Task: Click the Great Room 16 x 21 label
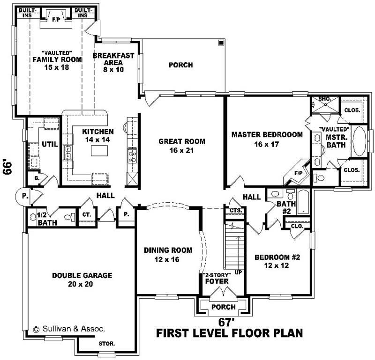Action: [182, 146]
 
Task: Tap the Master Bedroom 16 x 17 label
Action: [267, 139]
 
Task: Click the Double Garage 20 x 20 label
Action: [82, 279]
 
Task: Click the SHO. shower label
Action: [324, 99]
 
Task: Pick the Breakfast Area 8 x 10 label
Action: [113, 59]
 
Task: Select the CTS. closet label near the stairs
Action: [236, 211]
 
